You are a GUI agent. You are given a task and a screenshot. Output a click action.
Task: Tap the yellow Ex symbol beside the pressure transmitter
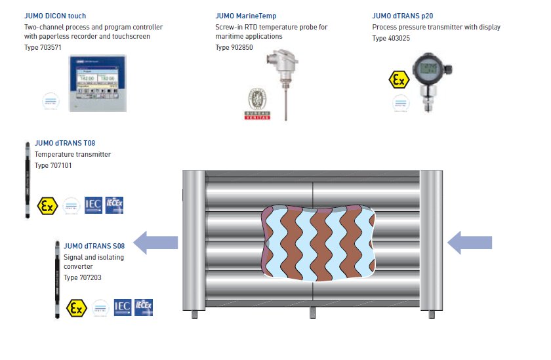point(398,80)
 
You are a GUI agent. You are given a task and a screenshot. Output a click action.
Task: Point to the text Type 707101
point(53,165)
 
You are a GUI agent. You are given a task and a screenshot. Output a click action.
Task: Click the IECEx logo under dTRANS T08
point(114,205)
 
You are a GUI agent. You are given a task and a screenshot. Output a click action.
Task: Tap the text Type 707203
point(82,277)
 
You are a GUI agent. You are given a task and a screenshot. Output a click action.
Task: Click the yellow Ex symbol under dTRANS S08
point(76,308)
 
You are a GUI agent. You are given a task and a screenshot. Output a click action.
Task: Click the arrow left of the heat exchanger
point(157,242)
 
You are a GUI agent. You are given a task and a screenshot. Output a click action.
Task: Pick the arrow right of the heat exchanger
point(470,242)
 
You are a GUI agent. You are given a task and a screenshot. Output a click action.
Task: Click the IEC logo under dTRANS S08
point(122,308)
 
